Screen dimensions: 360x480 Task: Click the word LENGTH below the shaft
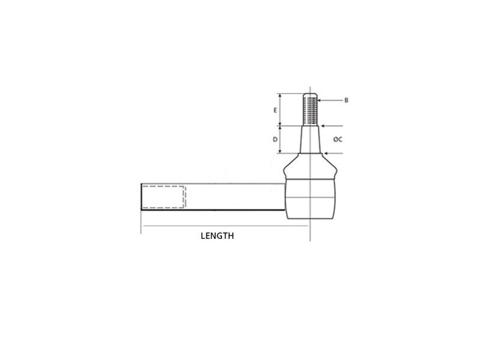point(217,236)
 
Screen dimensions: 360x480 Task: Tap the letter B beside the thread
point(346,100)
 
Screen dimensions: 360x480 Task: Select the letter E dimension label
point(275,110)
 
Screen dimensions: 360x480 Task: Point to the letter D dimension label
point(275,139)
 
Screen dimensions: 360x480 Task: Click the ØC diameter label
point(338,139)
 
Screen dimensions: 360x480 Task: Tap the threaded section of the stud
point(310,110)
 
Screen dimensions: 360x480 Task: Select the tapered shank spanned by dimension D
point(310,139)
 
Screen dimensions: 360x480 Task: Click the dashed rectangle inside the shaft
point(164,197)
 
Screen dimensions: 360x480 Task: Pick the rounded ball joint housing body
point(309,198)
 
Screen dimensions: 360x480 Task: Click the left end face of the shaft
point(142,197)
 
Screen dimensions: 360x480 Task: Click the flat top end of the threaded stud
point(310,94)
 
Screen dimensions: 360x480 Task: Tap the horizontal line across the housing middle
point(309,198)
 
